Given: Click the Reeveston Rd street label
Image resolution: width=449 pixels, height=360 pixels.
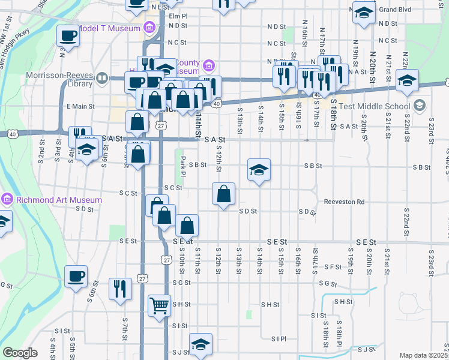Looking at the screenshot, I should point(345,202).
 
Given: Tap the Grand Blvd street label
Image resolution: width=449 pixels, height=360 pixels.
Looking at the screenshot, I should point(394,10).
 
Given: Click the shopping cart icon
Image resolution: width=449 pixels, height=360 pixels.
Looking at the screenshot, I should point(160,305).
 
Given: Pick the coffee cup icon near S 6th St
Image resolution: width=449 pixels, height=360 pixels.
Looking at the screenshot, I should point(76,277).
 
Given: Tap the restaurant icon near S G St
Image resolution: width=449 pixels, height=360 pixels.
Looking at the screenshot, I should point(120,289).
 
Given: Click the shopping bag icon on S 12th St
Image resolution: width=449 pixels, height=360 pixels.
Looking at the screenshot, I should point(224,194).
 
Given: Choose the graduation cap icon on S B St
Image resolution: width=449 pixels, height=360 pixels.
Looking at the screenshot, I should point(259,170).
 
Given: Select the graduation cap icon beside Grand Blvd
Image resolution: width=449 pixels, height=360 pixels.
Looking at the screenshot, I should point(363,13).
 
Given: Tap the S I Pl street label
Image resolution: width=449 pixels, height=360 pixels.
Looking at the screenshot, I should point(279,339).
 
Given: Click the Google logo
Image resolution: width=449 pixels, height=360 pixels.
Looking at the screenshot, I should point(20,353).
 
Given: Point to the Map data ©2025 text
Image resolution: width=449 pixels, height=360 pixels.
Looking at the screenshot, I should point(422,355).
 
